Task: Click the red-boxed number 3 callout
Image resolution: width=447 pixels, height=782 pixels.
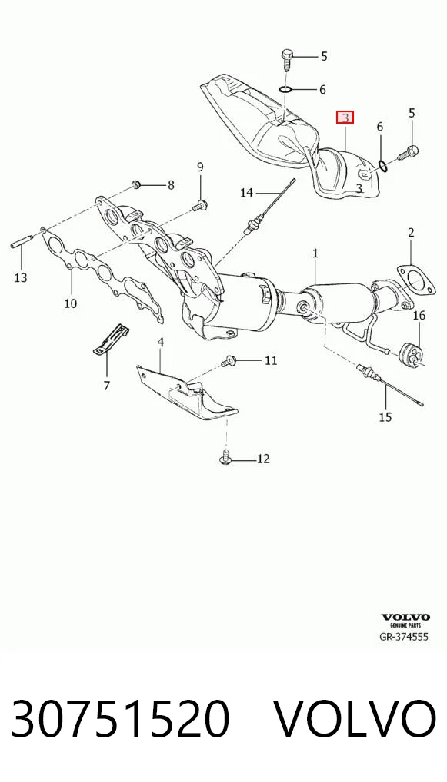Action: pos(345,118)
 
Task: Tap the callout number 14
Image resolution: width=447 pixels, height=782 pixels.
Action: pos(247,192)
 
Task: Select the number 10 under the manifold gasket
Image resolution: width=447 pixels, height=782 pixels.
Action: pos(71,303)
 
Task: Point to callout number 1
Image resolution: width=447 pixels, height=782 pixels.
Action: pos(315,253)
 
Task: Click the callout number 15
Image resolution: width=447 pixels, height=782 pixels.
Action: pos(385,417)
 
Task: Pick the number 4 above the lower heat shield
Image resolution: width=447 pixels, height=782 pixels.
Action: pos(160,342)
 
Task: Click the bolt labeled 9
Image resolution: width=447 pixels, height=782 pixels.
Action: pos(201,204)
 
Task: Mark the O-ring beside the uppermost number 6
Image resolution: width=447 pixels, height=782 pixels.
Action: pos(285,89)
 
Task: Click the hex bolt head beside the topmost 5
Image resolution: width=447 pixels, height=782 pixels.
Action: pos(287,53)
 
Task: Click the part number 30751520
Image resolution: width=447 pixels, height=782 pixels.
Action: pos(120,719)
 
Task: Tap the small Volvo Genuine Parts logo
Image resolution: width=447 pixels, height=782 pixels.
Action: pos(405,620)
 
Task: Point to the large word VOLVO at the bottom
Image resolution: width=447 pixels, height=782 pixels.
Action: pos(355,719)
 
